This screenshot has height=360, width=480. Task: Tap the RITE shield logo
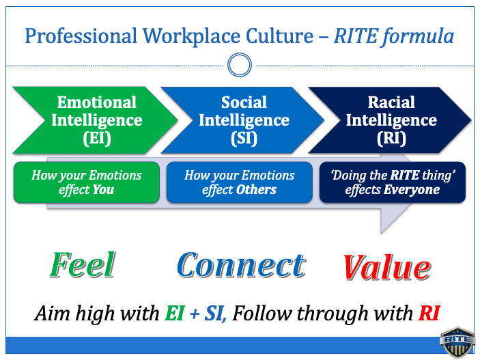457,342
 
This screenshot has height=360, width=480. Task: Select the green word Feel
83,264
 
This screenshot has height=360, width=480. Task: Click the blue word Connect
241,265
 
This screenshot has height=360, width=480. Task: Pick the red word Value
387,267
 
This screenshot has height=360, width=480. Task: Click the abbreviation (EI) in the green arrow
97,138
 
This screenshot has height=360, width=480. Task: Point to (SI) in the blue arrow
244,138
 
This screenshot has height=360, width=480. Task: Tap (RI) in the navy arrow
391,138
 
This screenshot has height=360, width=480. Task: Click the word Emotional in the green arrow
97,102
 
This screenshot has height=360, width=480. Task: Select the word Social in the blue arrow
244,102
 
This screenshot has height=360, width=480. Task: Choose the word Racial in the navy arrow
391,102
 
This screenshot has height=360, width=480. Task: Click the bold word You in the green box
104,190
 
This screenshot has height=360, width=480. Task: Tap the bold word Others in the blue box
256,190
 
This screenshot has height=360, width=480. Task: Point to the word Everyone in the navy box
412,190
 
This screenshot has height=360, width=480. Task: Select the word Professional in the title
81,36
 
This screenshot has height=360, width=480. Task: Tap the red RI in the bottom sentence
429,314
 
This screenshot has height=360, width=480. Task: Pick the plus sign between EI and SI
194,314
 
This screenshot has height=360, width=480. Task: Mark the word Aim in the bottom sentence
53,314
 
